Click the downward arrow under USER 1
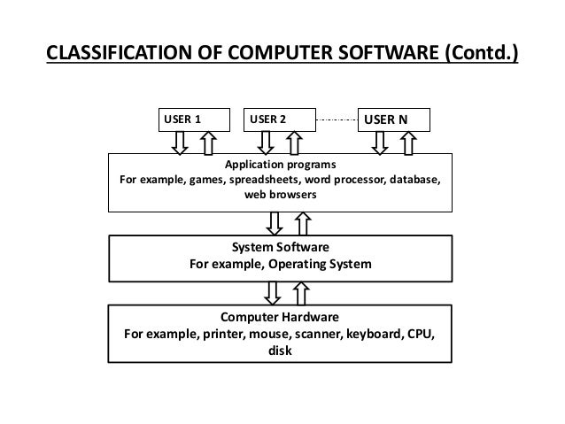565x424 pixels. coord(180,142)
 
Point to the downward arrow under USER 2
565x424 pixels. coord(266,142)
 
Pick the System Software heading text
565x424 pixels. coord(280,248)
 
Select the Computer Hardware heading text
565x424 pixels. coord(280,317)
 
